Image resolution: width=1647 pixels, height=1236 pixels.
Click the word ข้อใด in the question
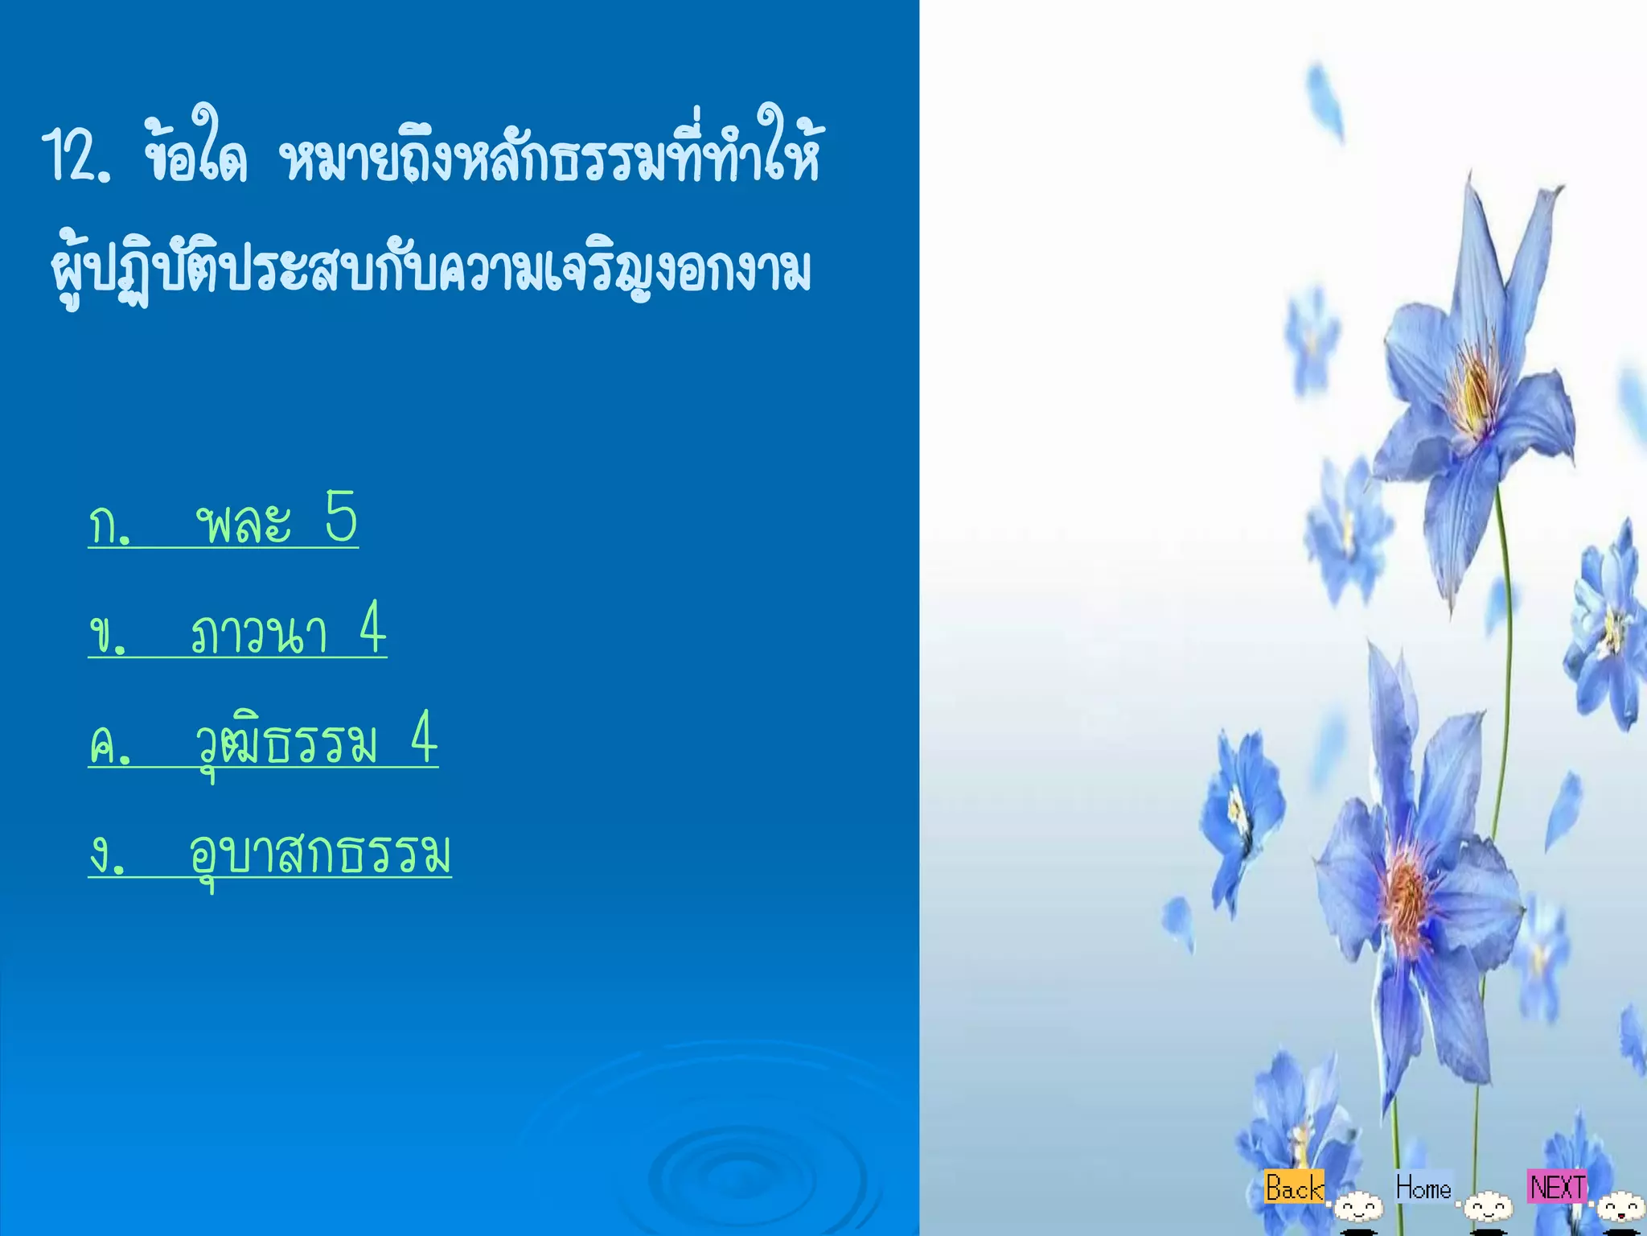tap(195, 153)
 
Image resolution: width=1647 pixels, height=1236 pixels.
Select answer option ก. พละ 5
tap(223, 521)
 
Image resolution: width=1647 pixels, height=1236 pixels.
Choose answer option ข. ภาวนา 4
tap(237, 632)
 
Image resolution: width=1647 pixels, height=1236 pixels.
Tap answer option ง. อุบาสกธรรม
tap(269, 853)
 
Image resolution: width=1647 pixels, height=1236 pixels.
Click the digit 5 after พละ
tap(341, 517)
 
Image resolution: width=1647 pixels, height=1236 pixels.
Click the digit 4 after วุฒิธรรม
tap(424, 738)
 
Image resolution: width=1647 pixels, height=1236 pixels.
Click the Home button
tap(1423, 1188)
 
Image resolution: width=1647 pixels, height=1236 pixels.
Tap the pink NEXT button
tap(1558, 1187)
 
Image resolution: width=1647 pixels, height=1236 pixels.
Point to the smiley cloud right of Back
tap(1358, 1207)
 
